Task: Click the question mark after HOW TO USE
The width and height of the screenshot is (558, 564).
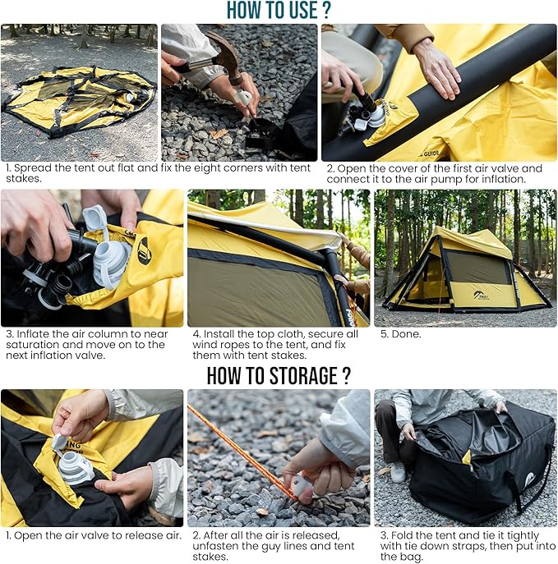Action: coord(326,10)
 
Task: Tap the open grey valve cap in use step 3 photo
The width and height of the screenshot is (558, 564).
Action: coord(96,218)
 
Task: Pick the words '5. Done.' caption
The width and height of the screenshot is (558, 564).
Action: coord(401,334)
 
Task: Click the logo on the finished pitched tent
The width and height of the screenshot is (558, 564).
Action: coord(482,296)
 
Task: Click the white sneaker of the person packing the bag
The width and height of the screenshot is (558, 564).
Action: coord(398,471)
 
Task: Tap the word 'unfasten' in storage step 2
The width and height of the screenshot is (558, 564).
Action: coord(215,546)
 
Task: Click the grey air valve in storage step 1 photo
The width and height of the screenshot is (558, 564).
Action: coord(73,467)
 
